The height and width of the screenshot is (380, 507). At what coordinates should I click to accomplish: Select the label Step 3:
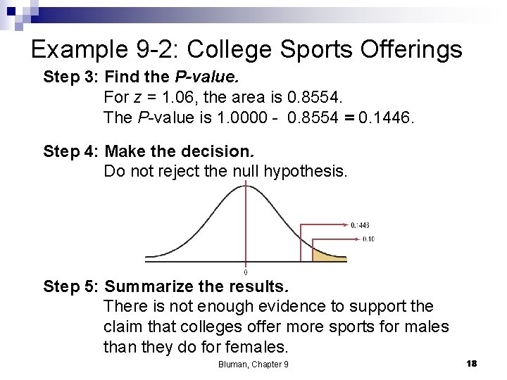pos(71,77)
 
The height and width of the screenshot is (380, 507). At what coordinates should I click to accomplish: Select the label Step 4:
pos(71,151)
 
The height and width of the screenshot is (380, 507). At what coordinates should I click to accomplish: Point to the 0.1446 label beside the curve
pos(360,225)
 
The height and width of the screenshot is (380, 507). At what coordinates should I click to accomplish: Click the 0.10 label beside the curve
pos(367,239)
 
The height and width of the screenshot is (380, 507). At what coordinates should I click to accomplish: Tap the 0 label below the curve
pos(245,272)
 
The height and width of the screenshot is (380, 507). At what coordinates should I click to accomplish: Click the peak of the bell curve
pos(245,184)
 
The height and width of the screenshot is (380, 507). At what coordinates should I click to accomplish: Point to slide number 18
pos(471,363)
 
